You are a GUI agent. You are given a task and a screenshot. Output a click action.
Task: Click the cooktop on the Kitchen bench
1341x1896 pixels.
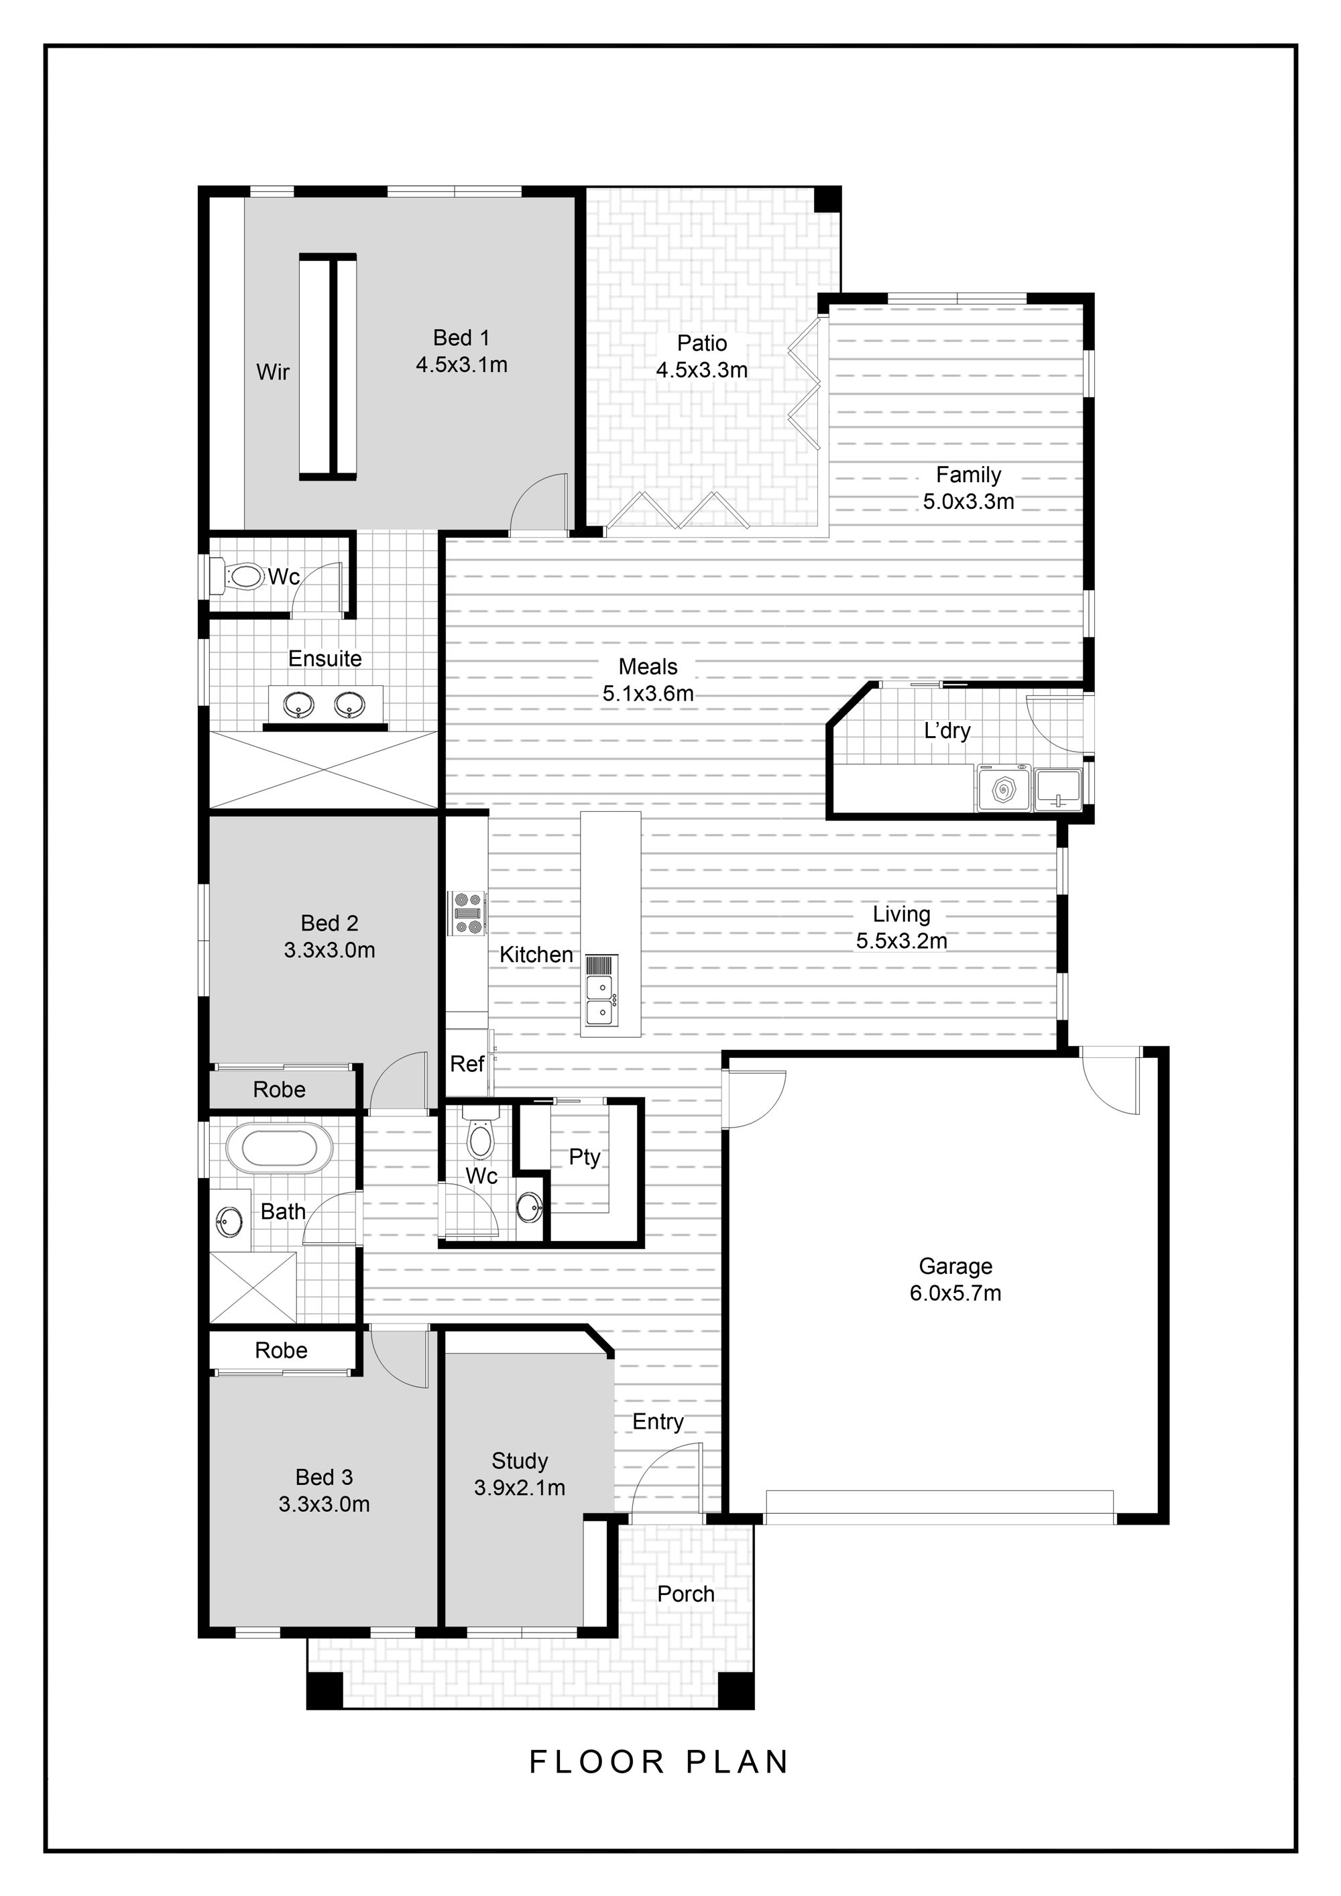coord(467,913)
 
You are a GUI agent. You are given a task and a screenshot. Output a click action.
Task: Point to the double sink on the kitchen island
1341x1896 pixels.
coord(600,1000)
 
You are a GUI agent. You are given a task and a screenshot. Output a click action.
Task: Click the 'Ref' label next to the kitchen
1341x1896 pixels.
coord(467,1065)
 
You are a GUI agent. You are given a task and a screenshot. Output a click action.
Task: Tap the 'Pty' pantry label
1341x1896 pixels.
coord(585,1157)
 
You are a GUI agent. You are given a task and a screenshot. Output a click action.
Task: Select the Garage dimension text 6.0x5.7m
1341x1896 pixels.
coord(955,1293)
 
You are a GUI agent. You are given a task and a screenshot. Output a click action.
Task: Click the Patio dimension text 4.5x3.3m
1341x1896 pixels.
coord(702,370)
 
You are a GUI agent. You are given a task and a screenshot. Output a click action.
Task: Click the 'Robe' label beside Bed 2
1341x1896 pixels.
coord(279,1090)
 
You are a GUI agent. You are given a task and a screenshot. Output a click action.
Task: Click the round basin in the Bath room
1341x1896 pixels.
coord(229,1219)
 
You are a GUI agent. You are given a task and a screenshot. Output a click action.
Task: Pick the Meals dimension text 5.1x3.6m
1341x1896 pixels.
coord(648,694)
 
